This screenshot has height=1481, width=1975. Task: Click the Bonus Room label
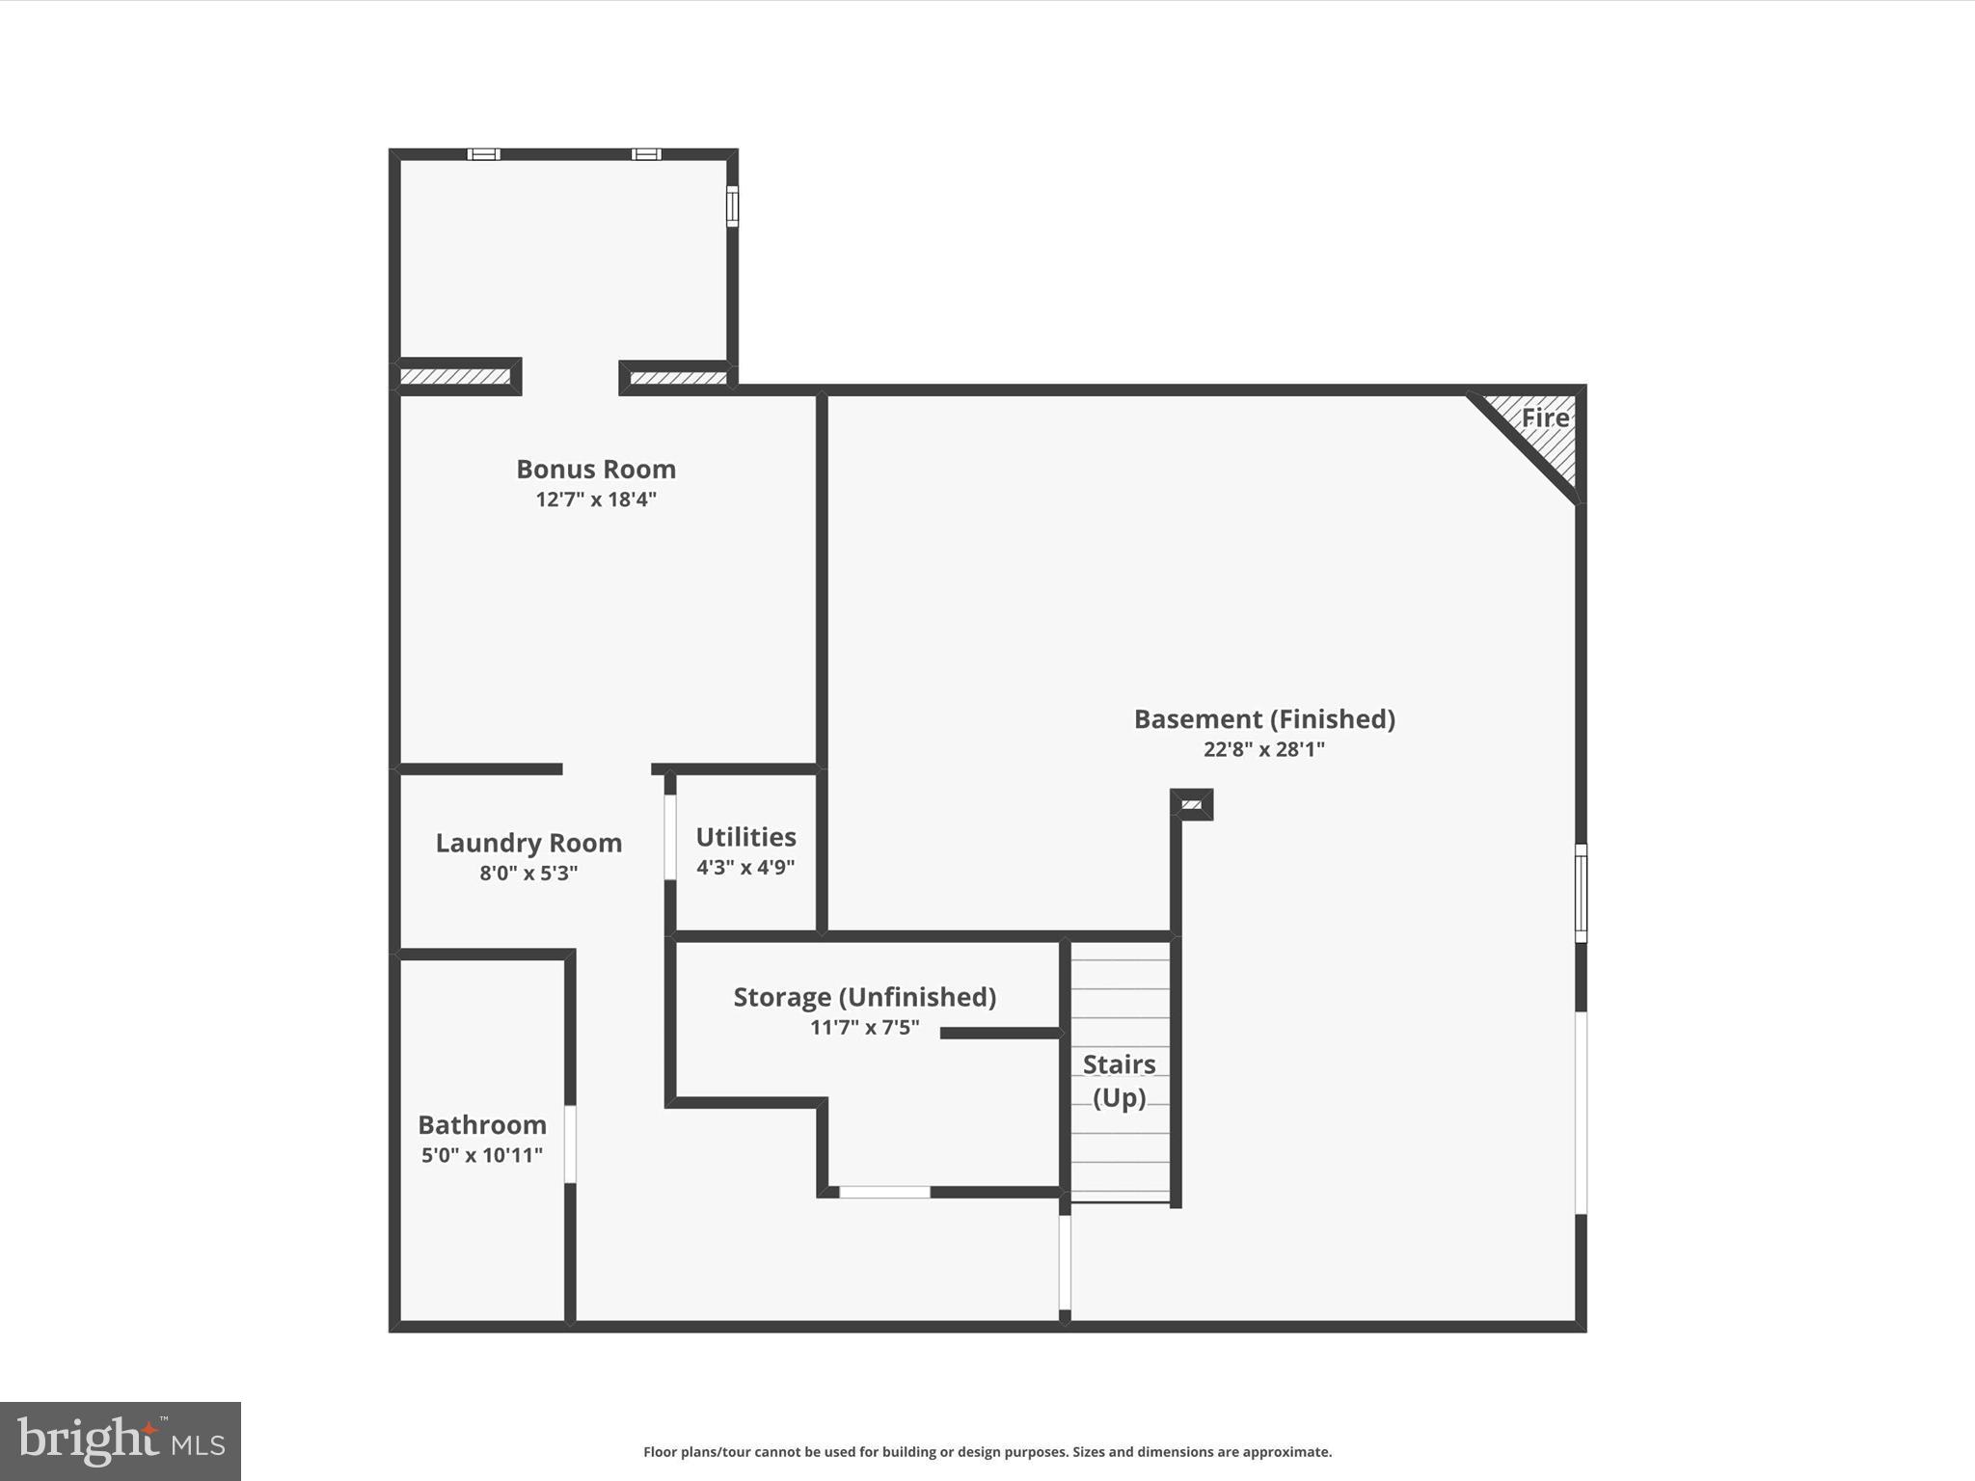coord(596,470)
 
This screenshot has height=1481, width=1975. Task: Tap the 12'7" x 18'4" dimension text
coord(596,499)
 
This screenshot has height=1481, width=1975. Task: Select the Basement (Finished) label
coord(1264,719)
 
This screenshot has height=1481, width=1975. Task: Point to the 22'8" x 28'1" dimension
coord(1264,749)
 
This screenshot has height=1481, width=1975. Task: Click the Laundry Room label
coord(528,843)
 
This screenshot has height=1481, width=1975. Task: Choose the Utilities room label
coord(745,837)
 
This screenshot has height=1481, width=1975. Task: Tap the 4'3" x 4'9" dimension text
coord(745,867)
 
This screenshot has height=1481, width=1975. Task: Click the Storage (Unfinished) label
coord(865,997)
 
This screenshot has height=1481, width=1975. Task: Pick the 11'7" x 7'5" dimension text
coord(865,1028)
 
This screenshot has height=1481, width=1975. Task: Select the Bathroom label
coord(482,1125)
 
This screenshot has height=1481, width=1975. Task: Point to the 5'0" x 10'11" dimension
coord(482,1155)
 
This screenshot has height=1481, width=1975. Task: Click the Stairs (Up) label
coord(1119,1081)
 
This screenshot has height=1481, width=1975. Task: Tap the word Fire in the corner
coord(1545,417)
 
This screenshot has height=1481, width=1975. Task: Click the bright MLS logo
coord(121,1441)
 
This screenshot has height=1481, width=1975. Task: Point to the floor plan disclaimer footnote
coord(987,1452)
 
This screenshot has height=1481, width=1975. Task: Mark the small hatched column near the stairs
coord(1192,804)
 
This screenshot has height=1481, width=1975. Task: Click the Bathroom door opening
coord(570,1144)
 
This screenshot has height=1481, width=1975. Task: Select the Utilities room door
coord(670,837)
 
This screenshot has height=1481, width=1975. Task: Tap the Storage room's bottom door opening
coord(884,1193)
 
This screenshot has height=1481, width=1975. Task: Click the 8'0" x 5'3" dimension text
coord(528,874)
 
